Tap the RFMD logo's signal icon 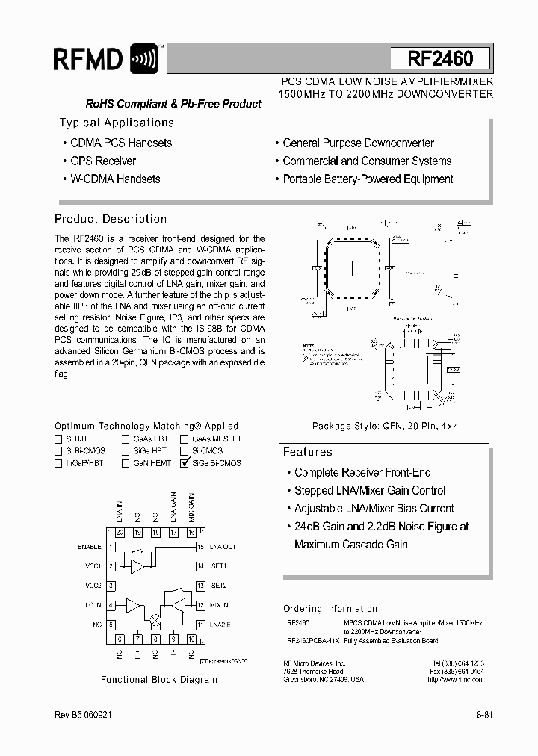point(143,59)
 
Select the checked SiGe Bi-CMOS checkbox point(184,463)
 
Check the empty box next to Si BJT point(58,439)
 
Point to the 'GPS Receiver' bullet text point(103,161)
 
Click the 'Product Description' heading point(111,219)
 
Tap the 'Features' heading point(307,452)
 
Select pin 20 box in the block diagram point(120,533)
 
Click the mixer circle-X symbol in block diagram point(155,620)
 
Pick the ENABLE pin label point(89,547)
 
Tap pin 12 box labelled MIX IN point(200,605)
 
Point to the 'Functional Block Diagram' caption point(159,680)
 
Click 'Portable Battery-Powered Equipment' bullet point(368,179)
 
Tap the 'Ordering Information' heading point(330,609)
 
